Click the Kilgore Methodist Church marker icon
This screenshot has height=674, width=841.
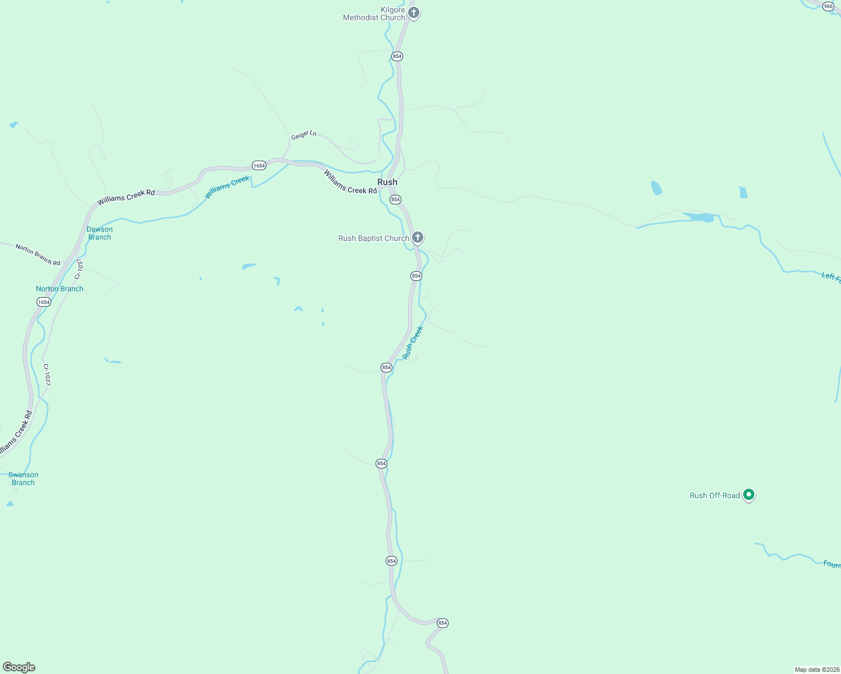point(414,13)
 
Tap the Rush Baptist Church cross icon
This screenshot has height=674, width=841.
point(418,238)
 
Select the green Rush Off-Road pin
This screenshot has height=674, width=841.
point(748,495)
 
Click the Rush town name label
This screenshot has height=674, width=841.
point(387,182)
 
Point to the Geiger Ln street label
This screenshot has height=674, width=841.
point(304,135)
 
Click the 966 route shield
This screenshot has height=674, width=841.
point(828,6)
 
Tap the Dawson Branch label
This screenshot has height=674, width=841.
point(100,233)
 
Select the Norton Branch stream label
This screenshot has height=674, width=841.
point(60,289)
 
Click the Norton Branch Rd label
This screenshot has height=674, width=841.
point(38,255)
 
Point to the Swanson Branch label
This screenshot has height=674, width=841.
point(23,479)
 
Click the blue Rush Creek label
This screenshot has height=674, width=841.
point(413,343)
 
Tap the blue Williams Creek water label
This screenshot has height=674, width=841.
point(227,188)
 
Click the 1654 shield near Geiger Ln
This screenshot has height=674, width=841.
point(259,165)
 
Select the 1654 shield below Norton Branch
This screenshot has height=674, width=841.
point(44,302)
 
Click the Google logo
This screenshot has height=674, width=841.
point(19,667)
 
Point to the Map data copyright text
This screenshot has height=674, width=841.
point(817,670)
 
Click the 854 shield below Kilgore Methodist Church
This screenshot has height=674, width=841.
point(397,56)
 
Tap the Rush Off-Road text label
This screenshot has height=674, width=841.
point(715,495)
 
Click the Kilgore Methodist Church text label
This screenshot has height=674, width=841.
point(374,14)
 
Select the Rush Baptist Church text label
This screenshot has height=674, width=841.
point(374,238)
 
